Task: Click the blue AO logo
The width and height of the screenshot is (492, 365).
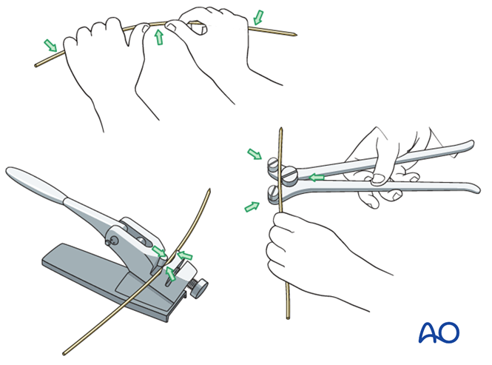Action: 439,332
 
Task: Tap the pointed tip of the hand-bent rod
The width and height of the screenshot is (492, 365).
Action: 296,36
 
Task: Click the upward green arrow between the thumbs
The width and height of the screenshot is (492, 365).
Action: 159,37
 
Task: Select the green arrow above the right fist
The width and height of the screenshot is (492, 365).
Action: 258,17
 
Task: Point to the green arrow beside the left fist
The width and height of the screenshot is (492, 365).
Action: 50,45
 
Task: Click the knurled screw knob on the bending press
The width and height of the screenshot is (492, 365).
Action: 199,288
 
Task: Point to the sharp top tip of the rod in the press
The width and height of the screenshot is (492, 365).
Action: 209,190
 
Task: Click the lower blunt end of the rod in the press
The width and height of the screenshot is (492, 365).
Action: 64,354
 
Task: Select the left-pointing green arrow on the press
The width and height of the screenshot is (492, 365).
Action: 184,255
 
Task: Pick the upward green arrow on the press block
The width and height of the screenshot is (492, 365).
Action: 170,273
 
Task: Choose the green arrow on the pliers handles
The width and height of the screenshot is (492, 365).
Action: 317,178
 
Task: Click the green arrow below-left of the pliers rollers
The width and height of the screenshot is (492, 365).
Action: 252,207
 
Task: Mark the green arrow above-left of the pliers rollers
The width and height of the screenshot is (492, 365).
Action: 255,154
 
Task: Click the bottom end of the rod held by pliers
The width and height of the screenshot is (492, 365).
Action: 288,318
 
